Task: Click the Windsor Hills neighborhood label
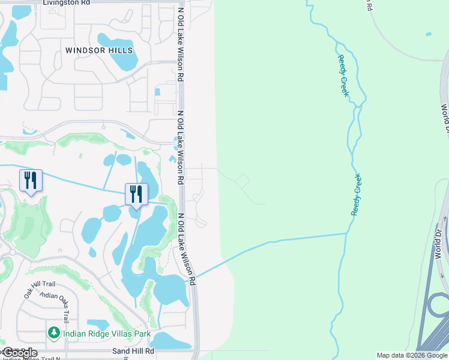tap(99, 50)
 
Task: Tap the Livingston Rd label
tap(66, 3)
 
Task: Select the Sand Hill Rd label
tap(133, 351)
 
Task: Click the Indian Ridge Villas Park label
tap(98, 332)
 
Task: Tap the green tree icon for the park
tap(54, 332)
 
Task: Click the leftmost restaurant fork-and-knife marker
tap(31, 180)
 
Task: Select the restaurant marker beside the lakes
tap(136, 194)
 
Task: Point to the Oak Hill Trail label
tap(39, 292)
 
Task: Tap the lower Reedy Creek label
tap(357, 194)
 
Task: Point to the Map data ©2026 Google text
tap(412, 355)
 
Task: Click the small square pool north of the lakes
tap(157, 92)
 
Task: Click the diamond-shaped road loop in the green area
tap(243, 181)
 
